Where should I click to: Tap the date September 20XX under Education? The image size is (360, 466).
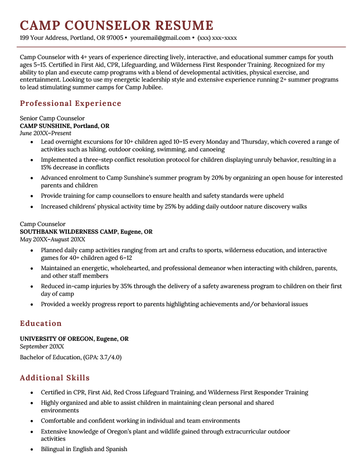tap(46, 348)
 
